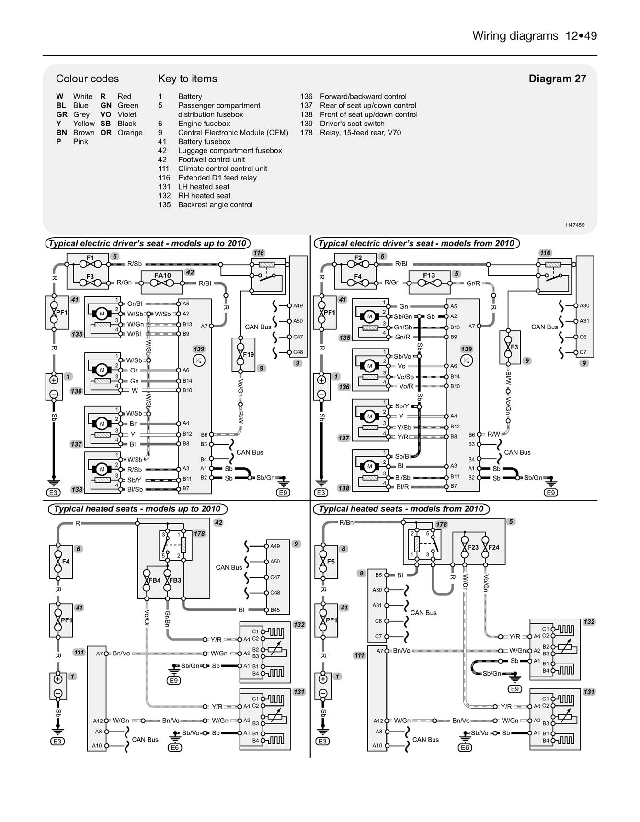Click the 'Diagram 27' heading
click(x=557, y=79)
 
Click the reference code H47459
click(x=575, y=225)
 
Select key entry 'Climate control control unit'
click(x=222, y=169)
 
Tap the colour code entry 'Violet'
click(x=126, y=114)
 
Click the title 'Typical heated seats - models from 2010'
click(x=401, y=509)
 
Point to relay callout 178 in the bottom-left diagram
click(x=199, y=534)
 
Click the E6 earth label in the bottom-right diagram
click(x=465, y=747)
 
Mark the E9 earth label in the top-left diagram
click(x=284, y=493)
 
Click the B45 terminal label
click(x=275, y=610)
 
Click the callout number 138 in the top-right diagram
click(x=344, y=488)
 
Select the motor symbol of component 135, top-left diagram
click(x=102, y=314)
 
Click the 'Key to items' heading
click(x=187, y=79)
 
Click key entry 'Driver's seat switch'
click(x=352, y=124)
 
